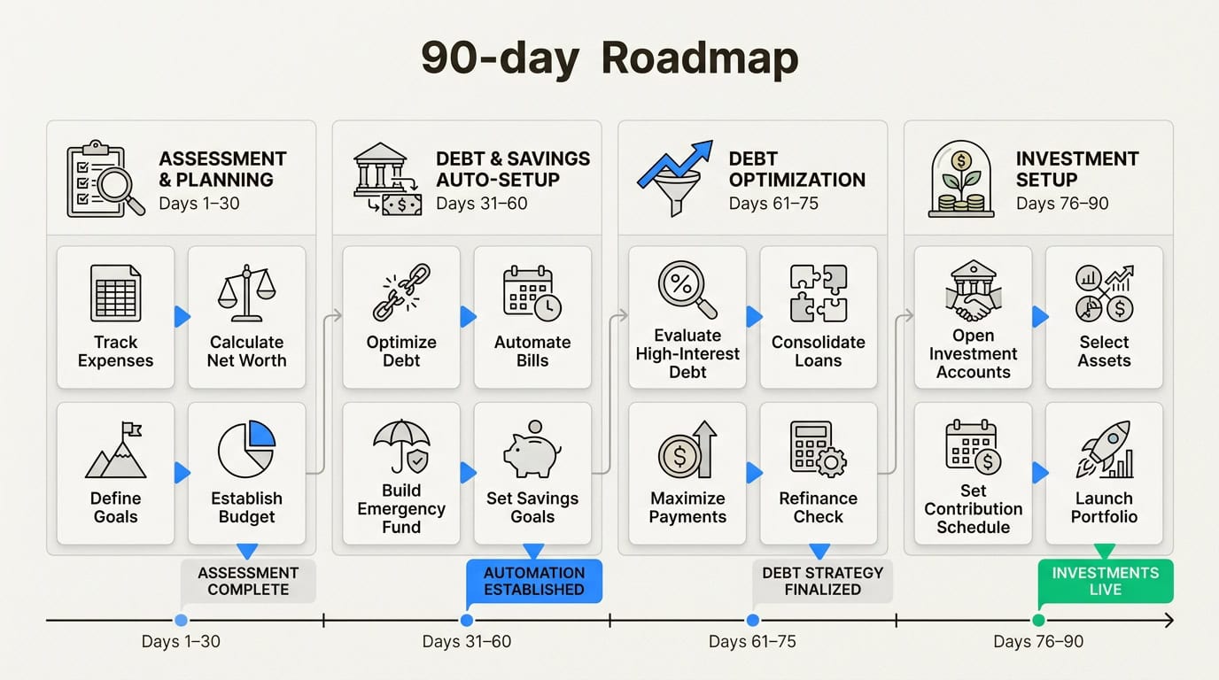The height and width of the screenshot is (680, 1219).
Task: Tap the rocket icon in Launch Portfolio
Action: (x=1104, y=450)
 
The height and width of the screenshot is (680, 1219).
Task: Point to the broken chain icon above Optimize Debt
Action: (x=401, y=293)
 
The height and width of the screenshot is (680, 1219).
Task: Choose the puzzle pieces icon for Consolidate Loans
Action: (x=818, y=293)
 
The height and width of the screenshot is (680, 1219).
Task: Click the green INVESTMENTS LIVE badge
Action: (x=1105, y=581)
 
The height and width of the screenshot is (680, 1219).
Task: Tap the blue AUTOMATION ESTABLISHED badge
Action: (x=533, y=581)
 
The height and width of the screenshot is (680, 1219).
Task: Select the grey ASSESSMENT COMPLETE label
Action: (x=248, y=581)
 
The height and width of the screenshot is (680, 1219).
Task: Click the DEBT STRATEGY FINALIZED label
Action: (x=822, y=581)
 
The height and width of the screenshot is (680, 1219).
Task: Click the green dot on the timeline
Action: (x=1038, y=621)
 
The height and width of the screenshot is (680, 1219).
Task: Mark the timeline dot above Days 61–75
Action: (x=752, y=621)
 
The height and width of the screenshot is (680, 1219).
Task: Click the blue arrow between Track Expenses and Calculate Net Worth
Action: (x=182, y=316)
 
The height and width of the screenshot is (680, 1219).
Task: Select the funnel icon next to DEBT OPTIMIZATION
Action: (x=675, y=179)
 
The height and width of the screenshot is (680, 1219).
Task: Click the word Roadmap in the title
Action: (x=700, y=58)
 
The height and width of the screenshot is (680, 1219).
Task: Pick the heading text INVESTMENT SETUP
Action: (x=1077, y=169)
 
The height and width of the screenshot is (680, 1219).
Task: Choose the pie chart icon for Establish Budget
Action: (x=246, y=450)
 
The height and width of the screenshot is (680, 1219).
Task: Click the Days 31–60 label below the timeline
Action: (x=467, y=642)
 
